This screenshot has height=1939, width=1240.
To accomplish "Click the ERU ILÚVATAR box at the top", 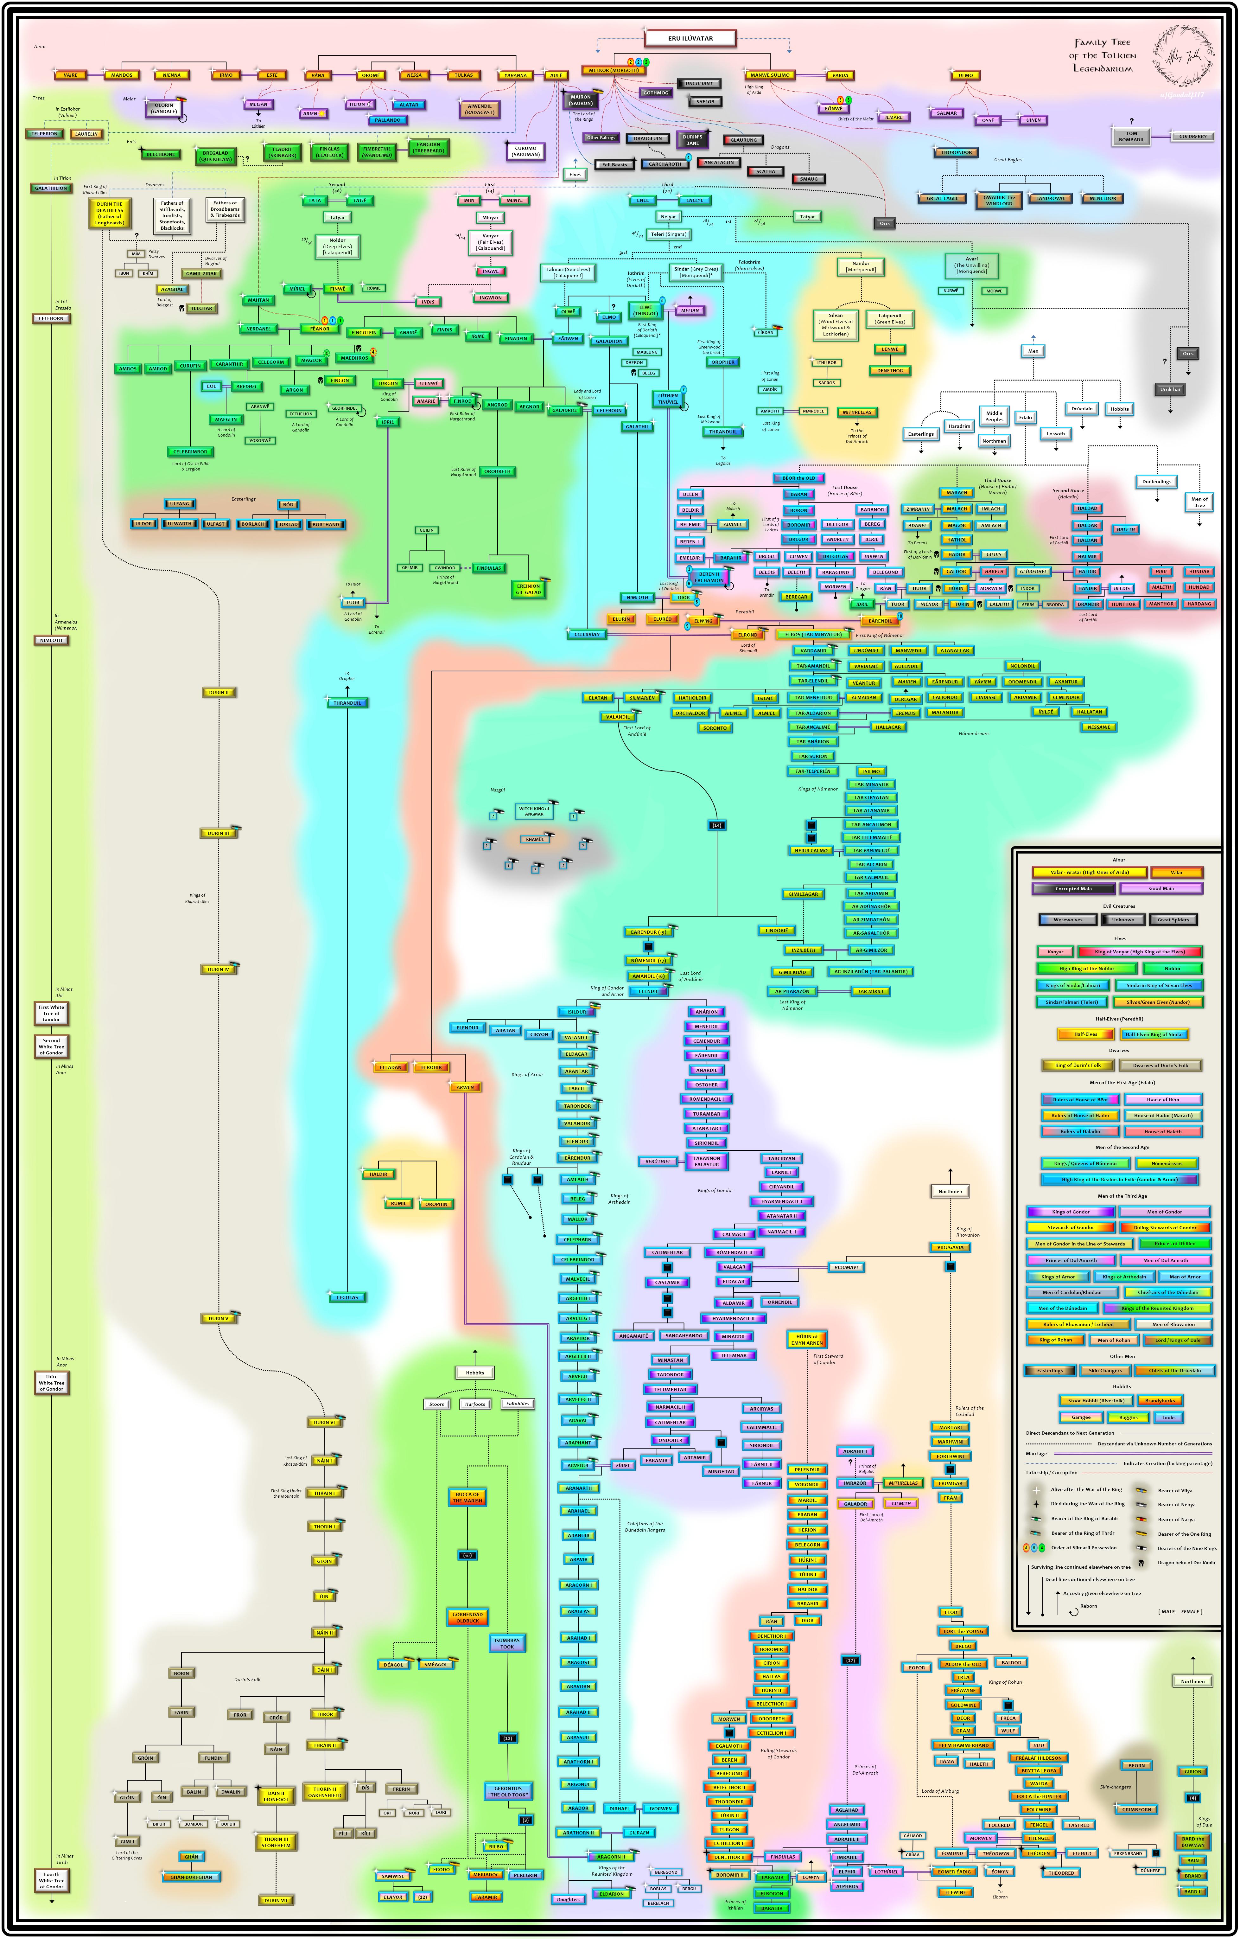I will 690,38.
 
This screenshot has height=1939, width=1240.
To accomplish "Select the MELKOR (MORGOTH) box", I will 614,70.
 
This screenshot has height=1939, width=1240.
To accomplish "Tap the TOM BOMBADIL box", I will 1131,137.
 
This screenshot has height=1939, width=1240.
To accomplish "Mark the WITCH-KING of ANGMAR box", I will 534,811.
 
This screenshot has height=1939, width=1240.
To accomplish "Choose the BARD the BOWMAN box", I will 1192,1841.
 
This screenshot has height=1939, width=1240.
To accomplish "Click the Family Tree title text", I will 1102,55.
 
